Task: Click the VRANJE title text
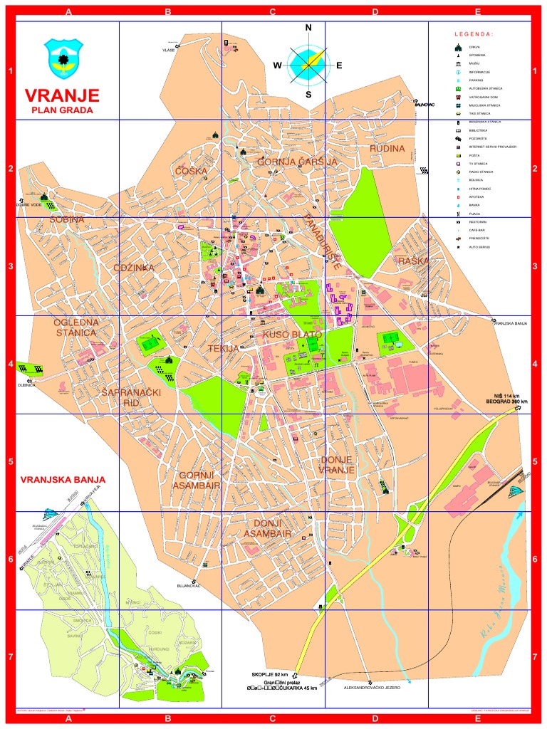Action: pos(62,95)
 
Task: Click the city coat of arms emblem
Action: pos(63,58)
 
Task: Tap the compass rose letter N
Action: pos(308,28)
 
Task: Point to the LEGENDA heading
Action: pos(474,34)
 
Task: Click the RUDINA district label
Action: pos(387,148)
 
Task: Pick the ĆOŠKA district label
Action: pos(191,171)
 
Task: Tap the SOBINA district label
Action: pos(67,220)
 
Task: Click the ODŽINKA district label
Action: pos(133,268)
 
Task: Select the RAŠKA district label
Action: pos(414,261)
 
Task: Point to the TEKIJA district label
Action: pos(225,349)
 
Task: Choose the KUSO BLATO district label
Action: pos(293,334)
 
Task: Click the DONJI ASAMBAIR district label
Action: pos(267,528)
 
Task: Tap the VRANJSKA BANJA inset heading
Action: pos(63,479)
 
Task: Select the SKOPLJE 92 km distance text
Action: pos(270,674)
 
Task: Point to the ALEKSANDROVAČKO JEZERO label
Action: pos(372,688)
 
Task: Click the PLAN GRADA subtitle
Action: pos(62,110)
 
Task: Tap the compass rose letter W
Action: pos(277,65)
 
